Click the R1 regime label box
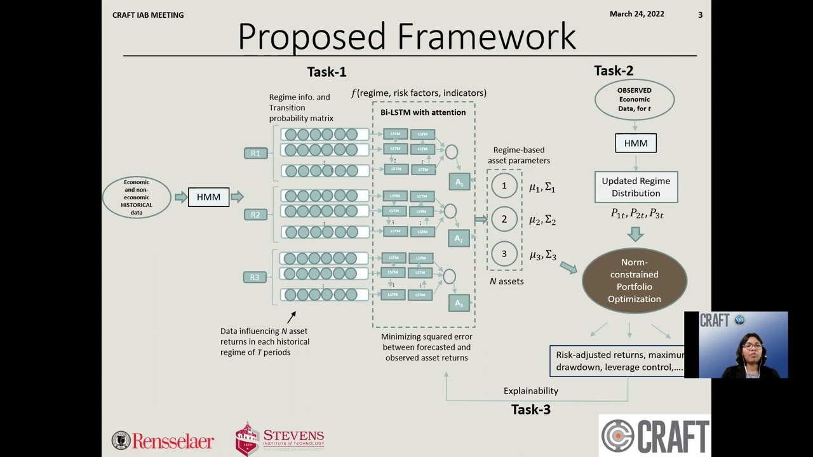pos(255,153)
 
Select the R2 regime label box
pos(255,215)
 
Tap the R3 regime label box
pos(255,277)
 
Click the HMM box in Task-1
pos(208,197)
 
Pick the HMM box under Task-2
pos(635,143)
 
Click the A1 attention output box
pos(459,182)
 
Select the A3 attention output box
pos(459,303)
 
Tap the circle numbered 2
pos(504,219)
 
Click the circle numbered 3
pos(504,254)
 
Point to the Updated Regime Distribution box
pos(636,187)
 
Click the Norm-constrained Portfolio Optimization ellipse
pos(635,281)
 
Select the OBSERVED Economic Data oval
pos(635,100)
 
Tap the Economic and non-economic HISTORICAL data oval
pos(137,197)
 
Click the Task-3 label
pos(531,410)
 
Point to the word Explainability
pos(531,391)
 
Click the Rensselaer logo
pos(163,440)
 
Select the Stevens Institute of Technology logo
pos(279,438)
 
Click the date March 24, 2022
pos(636,14)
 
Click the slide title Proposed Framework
pos(406,37)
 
